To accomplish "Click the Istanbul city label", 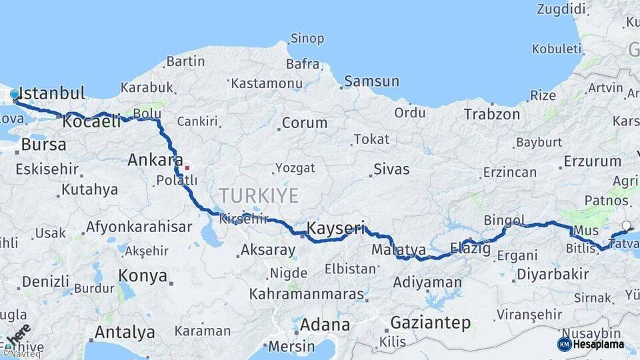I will (52, 93).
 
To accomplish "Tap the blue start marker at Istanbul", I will (15, 95).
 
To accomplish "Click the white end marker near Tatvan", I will (626, 226).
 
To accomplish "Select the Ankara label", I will (155, 160).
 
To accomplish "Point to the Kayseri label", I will (335, 229).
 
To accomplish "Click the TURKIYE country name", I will (259, 195).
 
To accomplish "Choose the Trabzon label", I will (492, 114).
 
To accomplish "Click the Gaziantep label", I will (430, 323).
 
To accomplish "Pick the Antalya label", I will (125, 331).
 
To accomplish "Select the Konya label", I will (142, 275).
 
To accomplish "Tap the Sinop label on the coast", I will (307, 39).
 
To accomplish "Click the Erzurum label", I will (592, 161).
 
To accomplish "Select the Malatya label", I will (399, 250).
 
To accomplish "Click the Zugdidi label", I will (563, 9).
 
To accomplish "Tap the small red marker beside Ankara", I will (187, 167).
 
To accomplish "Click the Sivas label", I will (391, 169).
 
